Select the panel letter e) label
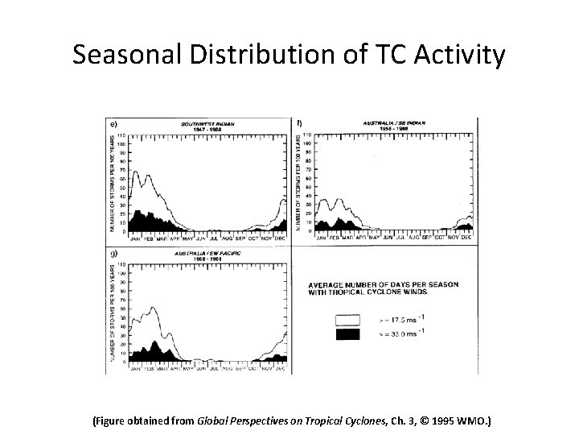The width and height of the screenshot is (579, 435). (x=114, y=123)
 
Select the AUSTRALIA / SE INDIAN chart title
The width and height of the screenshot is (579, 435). (x=393, y=123)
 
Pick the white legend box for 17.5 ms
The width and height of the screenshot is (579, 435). (x=346, y=320)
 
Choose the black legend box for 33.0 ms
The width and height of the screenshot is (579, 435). (x=346, y=334)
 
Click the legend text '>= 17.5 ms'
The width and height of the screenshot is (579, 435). (x=397, y=320)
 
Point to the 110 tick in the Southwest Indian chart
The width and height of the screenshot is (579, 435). (x=122, y=133)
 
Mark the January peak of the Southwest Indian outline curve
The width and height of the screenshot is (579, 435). (x=136, y=172)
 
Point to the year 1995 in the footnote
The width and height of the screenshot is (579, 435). (x=437, y=420)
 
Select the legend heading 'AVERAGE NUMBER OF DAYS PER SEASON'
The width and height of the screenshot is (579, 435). (x=383, y=284)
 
